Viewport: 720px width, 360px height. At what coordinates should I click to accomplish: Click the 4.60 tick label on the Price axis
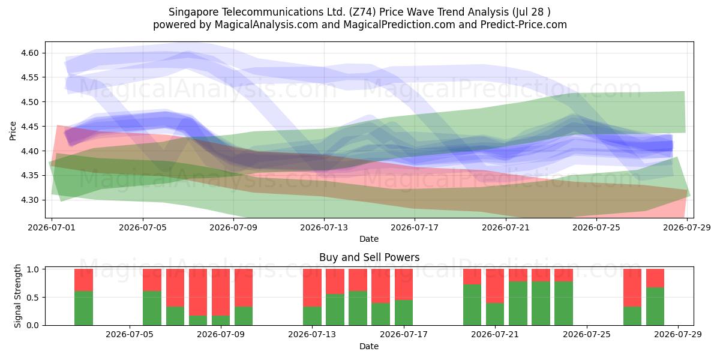[x=29, y=53]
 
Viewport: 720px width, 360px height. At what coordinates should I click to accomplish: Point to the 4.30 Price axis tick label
[x=29, y=200]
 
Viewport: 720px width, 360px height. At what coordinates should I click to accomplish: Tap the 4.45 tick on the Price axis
[x=29, y=127]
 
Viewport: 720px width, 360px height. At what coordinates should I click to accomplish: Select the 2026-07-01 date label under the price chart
[x=52, y=227]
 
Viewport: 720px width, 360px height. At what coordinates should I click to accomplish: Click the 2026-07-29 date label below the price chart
[x=687, y=227]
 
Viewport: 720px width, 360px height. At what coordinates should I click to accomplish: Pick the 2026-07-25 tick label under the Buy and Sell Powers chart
[x=587, y=334]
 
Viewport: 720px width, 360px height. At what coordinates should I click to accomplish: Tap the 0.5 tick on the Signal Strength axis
[x=32, y=298]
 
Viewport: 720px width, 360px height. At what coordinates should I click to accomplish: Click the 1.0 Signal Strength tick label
[x=32, y=269]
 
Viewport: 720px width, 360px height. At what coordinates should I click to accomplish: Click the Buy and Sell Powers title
[x=370, y=257]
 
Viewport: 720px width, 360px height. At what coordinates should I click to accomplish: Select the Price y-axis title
[x=13, y=131]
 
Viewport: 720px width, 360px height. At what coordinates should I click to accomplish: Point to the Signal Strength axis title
[x=17, y=296]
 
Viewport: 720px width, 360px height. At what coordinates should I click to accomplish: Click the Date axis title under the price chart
[x=369, y=239]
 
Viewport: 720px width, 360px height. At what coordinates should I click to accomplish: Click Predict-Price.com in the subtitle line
[x=524, y=25]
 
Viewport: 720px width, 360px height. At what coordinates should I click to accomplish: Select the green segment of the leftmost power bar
[x=83, y=308]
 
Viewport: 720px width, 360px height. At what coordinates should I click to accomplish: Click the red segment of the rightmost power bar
[x=655, y=278]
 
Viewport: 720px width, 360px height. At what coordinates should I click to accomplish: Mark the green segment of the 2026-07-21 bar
[x=495, y=314]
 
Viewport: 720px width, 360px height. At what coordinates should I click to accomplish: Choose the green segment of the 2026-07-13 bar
[x=312, y=316]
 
